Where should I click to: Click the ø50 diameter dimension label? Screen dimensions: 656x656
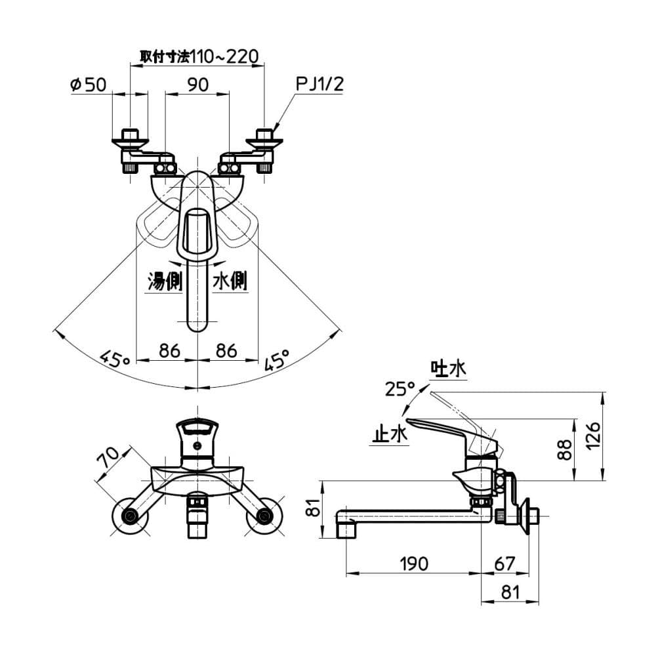point(88,85)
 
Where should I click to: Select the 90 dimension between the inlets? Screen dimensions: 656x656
point(197,85)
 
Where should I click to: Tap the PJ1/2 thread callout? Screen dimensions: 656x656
point(319,85)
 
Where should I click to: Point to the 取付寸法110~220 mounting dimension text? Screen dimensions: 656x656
point(199,56)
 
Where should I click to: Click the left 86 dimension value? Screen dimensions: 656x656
point(169,350)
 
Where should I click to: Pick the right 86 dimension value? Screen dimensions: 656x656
point(226,350)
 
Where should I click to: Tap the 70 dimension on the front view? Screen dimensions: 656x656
point(110,457)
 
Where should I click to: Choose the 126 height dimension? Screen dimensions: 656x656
point(592,436)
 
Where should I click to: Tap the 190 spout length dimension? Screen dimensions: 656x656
point(413,563)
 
